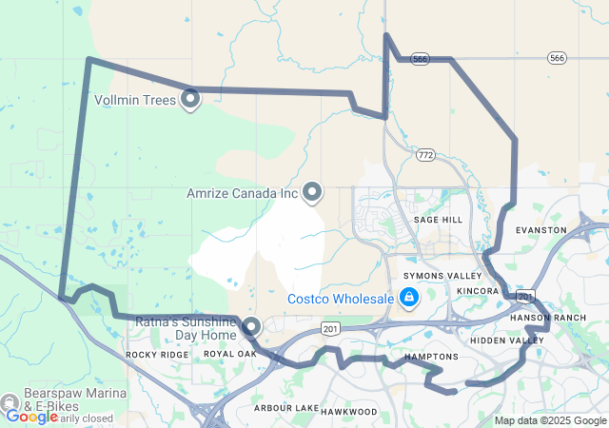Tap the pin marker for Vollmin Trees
click(x=190, y=97)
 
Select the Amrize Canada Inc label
click(x=243, y=193)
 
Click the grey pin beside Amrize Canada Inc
click(x=312, y=192)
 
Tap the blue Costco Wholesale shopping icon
click(x=408, y=299)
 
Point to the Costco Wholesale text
click(x=341, y=300)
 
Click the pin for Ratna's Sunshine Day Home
click(x=251, y=327)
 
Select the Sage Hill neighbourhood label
click(x=438, y=220)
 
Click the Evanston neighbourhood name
click(x=540, y=230)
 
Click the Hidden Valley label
click(x=507, y=340)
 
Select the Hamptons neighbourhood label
click(x=431, y=357)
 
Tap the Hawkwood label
click(x=348, y=412)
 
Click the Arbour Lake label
click(x=286, y=408)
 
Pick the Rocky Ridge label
click(x=157, y=354)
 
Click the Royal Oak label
click(x=230, y=354)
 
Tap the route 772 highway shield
click(x=424, y=153)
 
